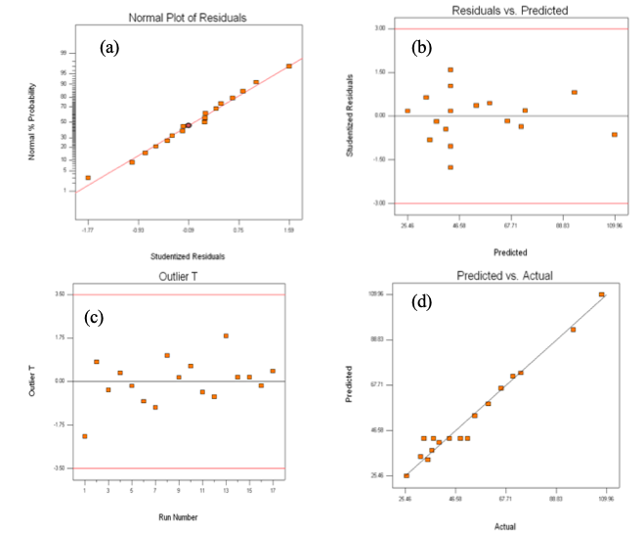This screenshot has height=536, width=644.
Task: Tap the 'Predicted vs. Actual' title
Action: click(x=504, y=276)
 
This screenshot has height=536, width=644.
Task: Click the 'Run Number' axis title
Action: click(x=179, y=515)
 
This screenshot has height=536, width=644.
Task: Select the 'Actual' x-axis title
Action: click(x=504, y=526)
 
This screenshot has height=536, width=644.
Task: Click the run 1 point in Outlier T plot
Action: click(x=84, y=436)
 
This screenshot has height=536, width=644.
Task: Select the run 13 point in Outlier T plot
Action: click(x=226, y=335)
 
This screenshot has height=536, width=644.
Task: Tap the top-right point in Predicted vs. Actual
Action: click(x=602, y=294)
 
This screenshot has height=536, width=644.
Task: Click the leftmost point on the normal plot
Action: click(x=88, y=178)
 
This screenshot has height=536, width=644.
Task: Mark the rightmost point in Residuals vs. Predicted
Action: click(x=615, y=135)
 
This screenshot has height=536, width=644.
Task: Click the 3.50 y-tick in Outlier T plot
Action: click(x=60, y=294)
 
